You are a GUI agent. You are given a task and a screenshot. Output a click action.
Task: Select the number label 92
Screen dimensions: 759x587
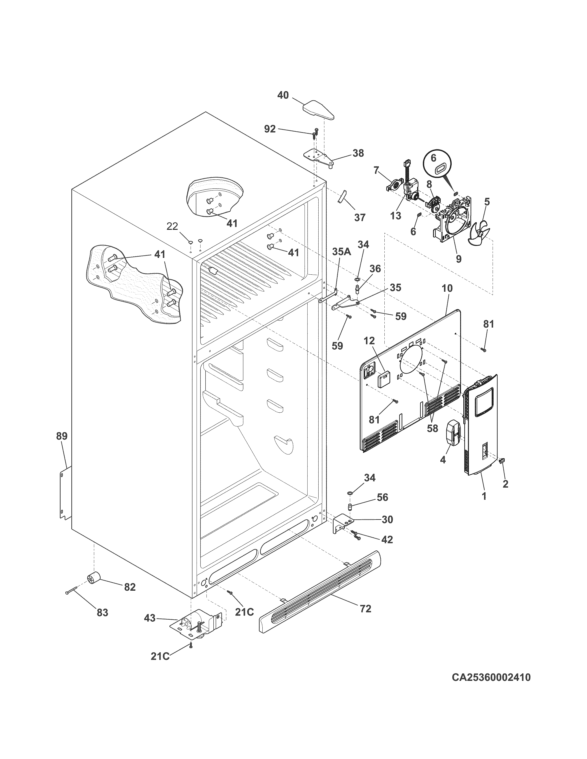tap(270, 129)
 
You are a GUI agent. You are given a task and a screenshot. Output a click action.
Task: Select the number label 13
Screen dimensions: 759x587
tap(396, 216)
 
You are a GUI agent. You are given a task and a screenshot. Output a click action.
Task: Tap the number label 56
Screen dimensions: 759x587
tap(383, 497)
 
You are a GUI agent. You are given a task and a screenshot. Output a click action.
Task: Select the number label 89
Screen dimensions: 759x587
tap(62, 436)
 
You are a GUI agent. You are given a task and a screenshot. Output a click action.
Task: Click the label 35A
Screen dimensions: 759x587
tap(341, 252)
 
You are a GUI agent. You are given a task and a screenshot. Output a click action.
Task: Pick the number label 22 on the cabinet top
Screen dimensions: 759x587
tap(172, 226)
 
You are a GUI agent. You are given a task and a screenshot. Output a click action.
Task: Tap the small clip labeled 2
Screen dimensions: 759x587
tap(502, 461)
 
